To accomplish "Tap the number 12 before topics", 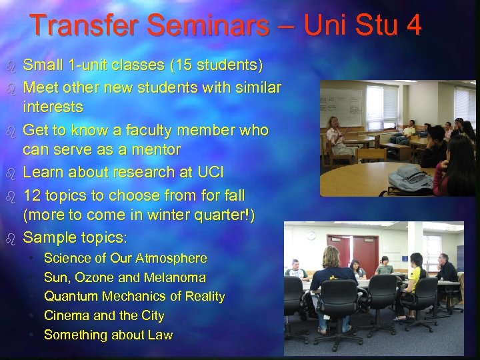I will click(33, 196).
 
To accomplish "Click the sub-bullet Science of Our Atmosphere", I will click(125, 258).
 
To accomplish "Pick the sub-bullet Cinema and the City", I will click(103, 315).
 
